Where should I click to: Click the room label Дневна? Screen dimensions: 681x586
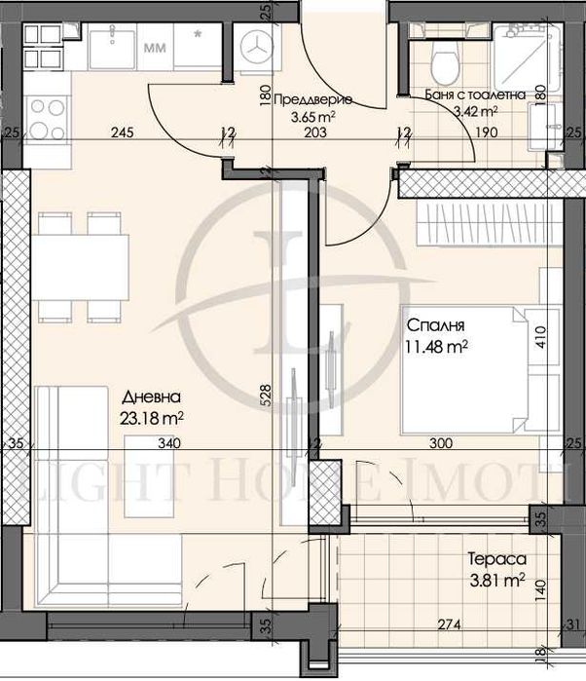151,397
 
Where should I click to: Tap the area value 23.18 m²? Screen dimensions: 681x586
154,416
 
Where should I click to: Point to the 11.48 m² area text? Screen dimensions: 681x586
436,345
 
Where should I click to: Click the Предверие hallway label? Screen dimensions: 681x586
312,98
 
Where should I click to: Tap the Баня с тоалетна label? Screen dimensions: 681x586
476,95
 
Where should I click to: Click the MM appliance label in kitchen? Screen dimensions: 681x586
154,45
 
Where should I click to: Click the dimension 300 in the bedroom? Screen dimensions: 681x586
440,443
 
